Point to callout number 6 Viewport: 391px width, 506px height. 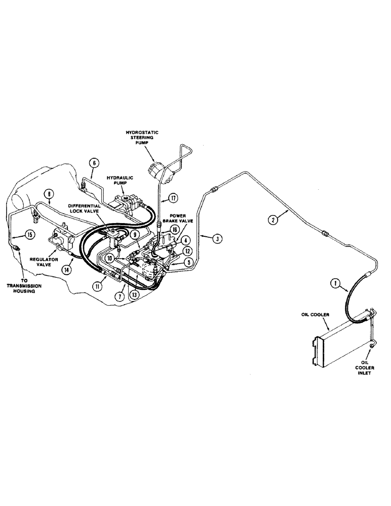[x=93, y=163]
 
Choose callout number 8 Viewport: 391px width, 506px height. [x=49, y=193]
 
